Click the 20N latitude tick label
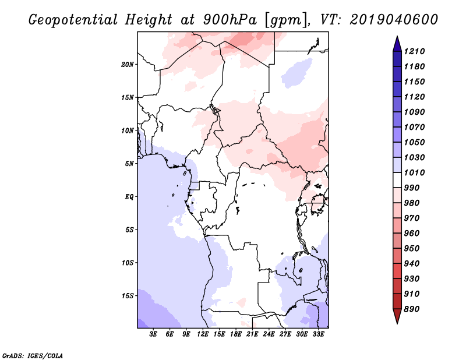[x=128, y=64]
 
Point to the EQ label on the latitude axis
[x=129, y=197]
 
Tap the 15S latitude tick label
[x=128, y=296]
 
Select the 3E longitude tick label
[x=153, y=334]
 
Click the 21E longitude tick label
[x=252, y=334]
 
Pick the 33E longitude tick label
[x=318, y=334]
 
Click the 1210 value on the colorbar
[x=414, y=51]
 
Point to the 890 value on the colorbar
[x=412, y=309]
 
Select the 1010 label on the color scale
[x=414, y=172]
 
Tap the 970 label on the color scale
[x=412, y=218]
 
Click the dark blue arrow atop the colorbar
[x=397, y=44]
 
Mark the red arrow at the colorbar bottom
[x=397, y=316]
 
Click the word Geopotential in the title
[x=73, y=20]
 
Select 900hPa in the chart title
[x=230, y=20]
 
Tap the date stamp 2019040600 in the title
[x=394, y=20]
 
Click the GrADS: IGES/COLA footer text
[x=33, y=356]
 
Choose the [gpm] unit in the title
[x=285, y=20]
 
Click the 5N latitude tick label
[x=129, y=164]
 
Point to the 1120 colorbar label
[x=414, y=97]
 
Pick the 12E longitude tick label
[x=202, y=334]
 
